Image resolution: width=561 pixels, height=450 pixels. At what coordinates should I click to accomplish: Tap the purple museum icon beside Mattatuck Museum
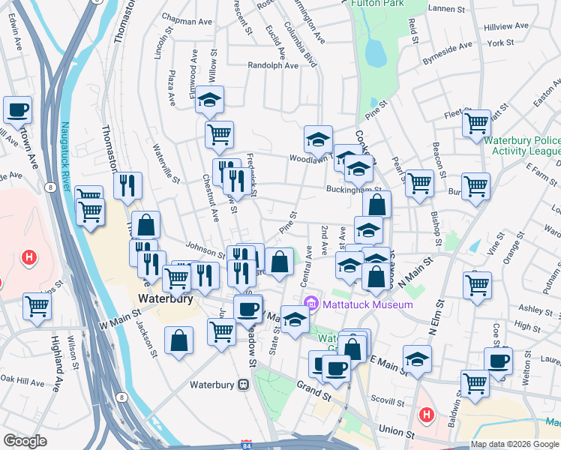pyautogui.click(x=311, y=304)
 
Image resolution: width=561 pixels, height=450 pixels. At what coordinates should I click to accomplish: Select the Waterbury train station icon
pyautogui.click(x=243, y=385)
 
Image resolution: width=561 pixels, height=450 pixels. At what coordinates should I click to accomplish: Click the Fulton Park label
pyautogui.click(x=378, y=4)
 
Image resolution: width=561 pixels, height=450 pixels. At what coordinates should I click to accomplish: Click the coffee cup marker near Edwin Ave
pyautogui.click(x=17, y=109)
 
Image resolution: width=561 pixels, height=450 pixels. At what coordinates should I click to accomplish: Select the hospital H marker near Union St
pyautogui.click(x=427, y=412)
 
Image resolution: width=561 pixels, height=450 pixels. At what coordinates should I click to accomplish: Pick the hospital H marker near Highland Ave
pyautogui.click(x=29, y=259)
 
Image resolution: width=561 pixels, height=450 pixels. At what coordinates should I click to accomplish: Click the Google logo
pyautogui.click(x=25, y=441)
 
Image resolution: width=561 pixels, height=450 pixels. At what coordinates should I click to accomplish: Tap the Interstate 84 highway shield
pyautogui.click(x=248, y=444)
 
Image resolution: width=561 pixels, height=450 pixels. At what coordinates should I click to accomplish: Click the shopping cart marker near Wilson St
pyautogui.click(x=37, y=305)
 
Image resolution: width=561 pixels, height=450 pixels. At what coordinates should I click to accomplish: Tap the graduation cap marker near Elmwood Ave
pyautogui.click(x=210, y=99)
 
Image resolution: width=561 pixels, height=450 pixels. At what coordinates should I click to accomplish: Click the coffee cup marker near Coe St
pyautogui.click(x=497, y=361)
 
